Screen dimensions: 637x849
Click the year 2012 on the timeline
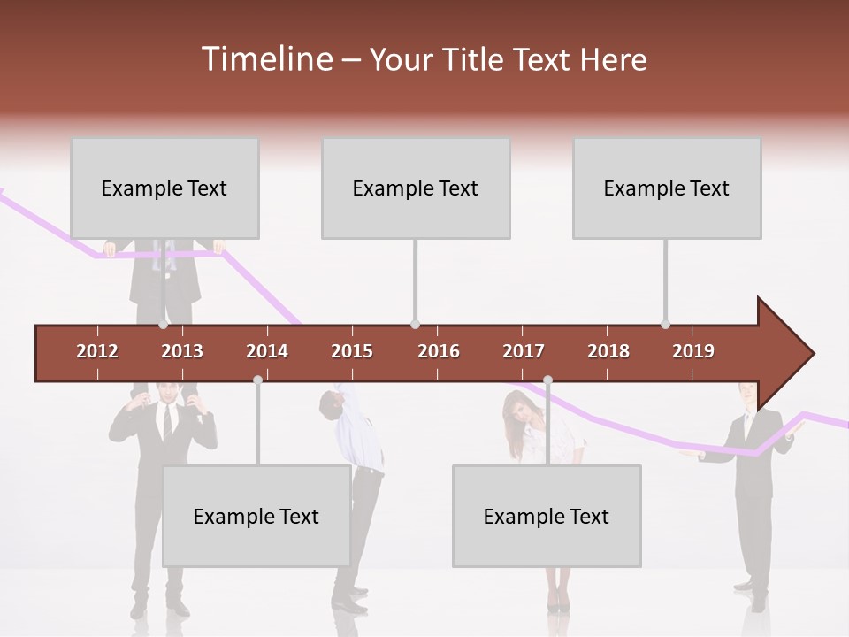tap(97, 351)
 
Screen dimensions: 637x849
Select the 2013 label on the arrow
tap(182, 351)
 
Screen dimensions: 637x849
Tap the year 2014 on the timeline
tap(267, 351)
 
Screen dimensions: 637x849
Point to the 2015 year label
tap(352, 351)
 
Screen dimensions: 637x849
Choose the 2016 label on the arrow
tap(439, 351)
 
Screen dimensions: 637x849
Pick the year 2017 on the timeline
tap(524, 351)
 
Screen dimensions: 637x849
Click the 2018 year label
tap(608, 351)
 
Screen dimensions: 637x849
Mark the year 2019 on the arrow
tap(693, 351)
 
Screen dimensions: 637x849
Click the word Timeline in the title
tap(265, 59)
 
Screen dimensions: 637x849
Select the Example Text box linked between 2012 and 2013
tap(164, 188)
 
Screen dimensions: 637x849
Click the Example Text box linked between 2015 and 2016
tap(416, 188)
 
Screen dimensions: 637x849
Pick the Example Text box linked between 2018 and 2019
tap(667, 188)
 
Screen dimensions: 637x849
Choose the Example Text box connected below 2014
tap(256, 516)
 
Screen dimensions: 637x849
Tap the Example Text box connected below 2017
tap(547, 516)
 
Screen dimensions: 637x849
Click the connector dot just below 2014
tap(257, 380)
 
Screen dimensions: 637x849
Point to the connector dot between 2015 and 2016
tap(415, 325)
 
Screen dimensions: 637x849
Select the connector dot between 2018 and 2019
tap(665, 325)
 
